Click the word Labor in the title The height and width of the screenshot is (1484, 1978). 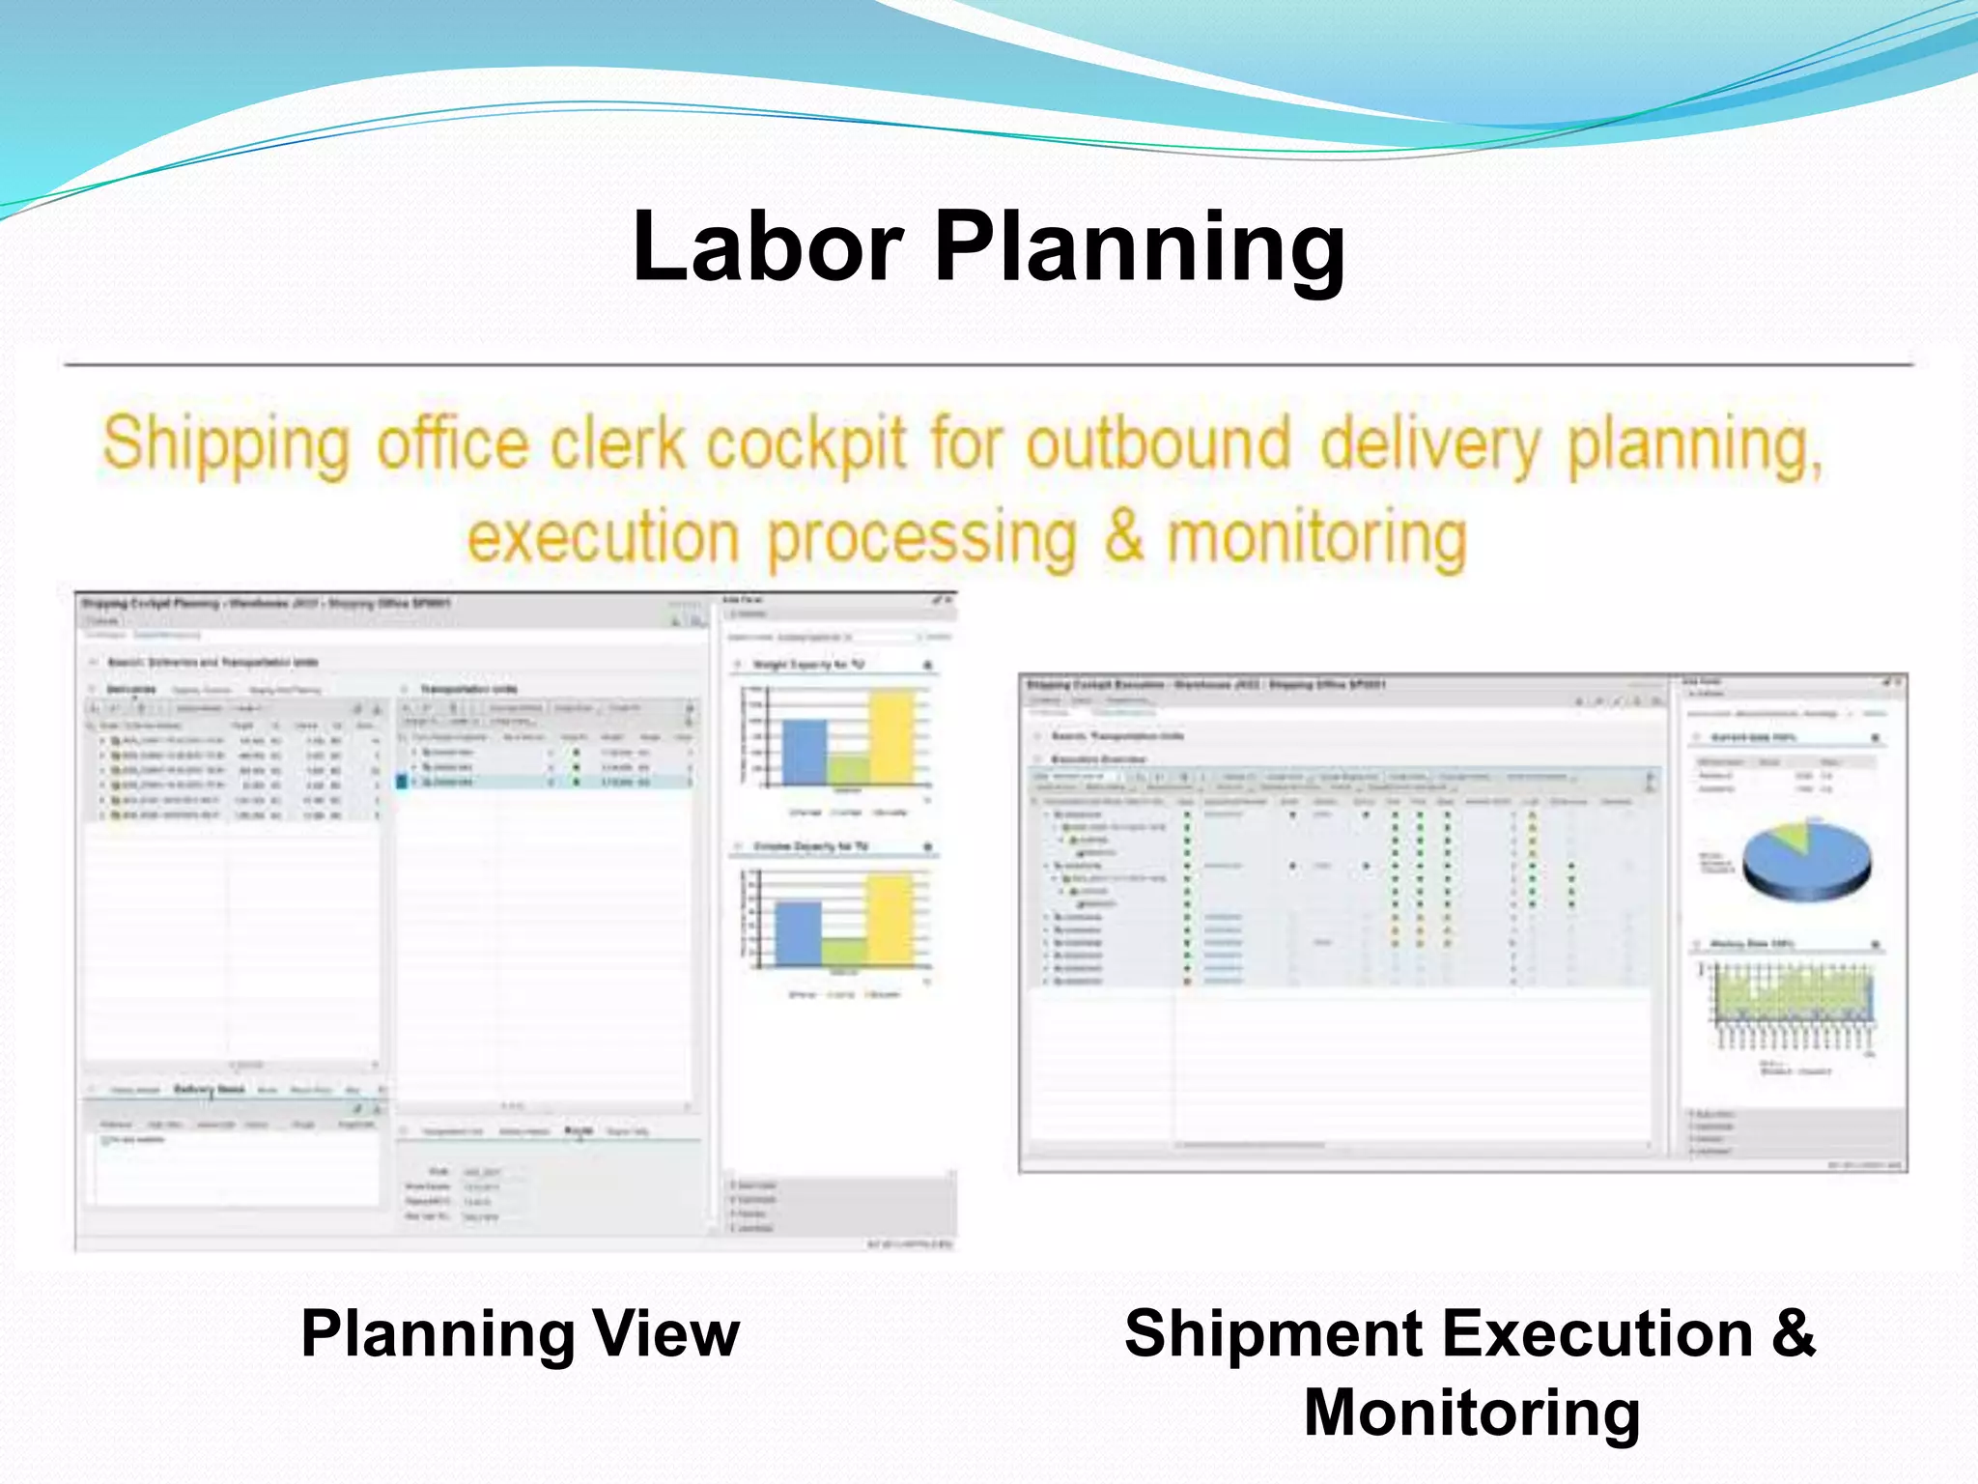(x=768, y=247)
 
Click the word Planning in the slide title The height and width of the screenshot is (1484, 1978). (x=1140, y=249)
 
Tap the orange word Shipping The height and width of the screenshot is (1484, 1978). (x=226, y=445)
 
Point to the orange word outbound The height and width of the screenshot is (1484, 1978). (x=1158, y=443)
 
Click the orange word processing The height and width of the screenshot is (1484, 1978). (x=922, y=537)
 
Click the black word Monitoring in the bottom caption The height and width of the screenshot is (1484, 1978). (x=1472, y=1413)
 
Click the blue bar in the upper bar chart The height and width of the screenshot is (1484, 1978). (x=804, y=752)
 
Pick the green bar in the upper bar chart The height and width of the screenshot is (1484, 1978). (x=848, y=769)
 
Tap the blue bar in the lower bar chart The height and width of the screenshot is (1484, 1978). (x=798, y=933)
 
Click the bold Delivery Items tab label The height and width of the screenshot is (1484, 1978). (x=209, y=1089)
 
